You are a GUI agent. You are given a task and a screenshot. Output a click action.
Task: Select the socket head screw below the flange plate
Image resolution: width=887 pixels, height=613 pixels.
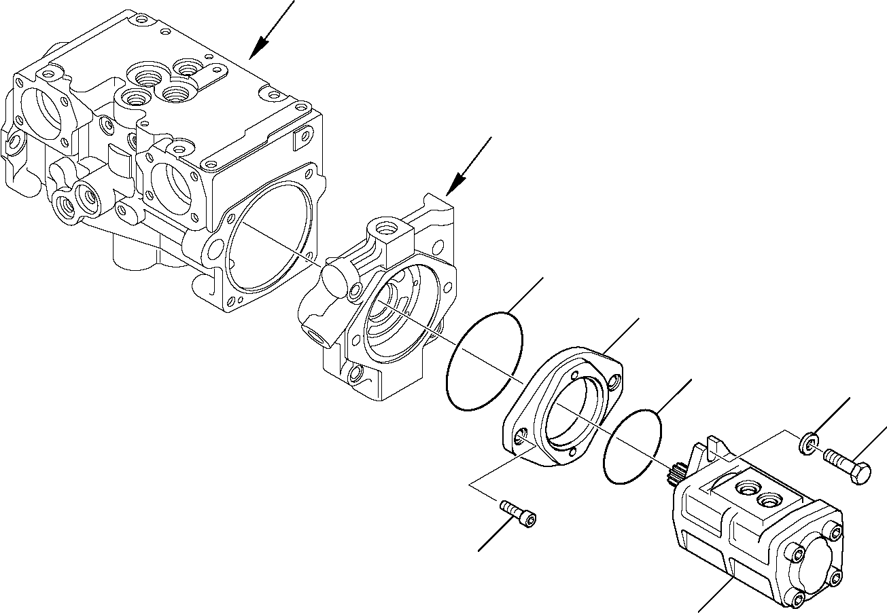tap(517, 513)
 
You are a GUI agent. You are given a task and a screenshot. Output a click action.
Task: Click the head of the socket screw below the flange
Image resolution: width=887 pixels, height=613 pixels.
tap(527, 519)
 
